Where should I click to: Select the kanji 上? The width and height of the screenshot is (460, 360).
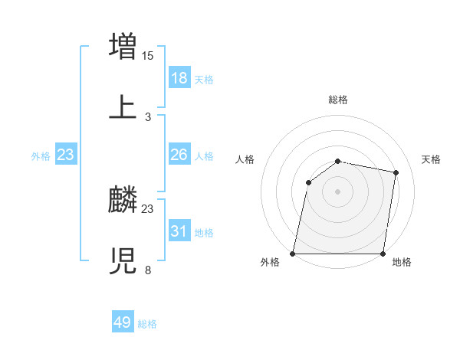123,107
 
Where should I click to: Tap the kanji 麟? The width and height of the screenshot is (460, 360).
123,200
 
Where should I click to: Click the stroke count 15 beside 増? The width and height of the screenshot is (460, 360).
148,55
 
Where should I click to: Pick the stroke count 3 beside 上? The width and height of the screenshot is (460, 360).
148,116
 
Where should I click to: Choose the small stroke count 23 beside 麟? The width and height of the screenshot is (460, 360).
148,208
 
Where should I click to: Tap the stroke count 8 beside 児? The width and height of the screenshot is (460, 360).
148,270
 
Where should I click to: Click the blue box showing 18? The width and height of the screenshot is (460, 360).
179,78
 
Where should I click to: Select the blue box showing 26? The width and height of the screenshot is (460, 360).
179,155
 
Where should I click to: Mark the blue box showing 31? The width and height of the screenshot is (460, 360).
179,231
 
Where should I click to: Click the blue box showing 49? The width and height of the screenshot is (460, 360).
123,323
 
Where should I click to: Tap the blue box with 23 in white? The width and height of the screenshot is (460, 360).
66,155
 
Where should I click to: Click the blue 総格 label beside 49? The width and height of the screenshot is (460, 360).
147,324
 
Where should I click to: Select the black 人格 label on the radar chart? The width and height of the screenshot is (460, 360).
245,159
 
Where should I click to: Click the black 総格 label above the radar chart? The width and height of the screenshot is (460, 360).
338,100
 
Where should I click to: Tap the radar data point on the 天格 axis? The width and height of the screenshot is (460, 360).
396,172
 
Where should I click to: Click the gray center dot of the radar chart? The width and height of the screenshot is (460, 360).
338,191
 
